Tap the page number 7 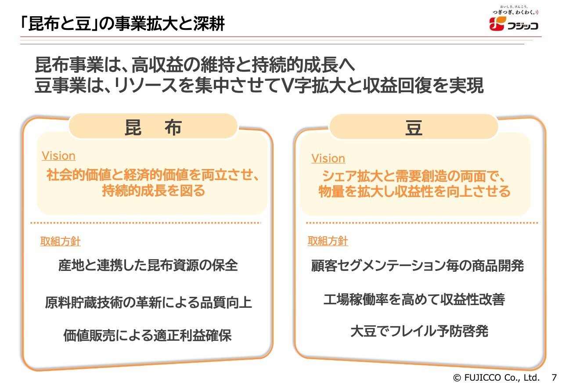click(554, 377)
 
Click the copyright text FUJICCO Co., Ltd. click(501, 378)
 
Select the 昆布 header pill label click(153, 127)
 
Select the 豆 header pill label click(414, 128)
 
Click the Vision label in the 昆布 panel click(58, 156)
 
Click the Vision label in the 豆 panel click(328, 158)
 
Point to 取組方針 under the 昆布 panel click(60, 241)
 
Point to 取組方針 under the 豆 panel click(328, 241)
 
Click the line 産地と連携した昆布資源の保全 click(148, 265)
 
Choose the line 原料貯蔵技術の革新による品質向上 click(148, 302)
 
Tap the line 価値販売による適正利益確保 click(148, 335)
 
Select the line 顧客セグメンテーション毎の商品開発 click(418, 266)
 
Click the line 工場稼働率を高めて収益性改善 click(414, 299)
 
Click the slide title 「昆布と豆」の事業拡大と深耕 click(122, 24)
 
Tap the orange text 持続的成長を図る click(154, 191)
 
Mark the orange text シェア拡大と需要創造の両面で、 click(414, 176)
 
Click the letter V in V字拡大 click(287, 86)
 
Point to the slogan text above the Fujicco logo click(515, 10)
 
